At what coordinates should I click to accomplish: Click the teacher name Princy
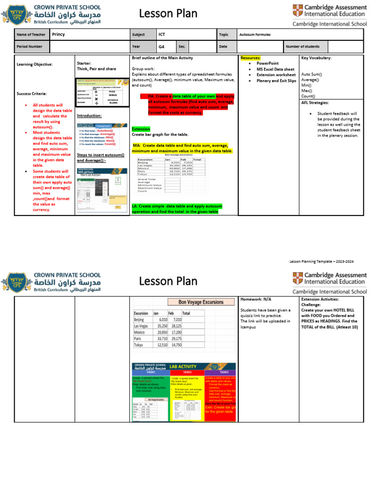pos(58,34)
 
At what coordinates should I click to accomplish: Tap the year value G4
pos(161,47)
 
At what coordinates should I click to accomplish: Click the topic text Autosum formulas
pos(255,35)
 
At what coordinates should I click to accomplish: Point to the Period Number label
pos(30,47)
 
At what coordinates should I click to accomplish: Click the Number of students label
pos(303,47)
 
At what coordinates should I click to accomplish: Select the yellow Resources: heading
pos(251,58)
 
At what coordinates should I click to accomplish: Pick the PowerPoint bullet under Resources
pos(267,63)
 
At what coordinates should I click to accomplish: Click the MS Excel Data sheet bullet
pos(275,69)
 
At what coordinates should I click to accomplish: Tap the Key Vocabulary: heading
pos(316,58)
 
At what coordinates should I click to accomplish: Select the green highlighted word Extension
pos(141,129)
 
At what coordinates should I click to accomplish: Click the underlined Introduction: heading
pos(89,116)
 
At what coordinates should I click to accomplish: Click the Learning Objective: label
pos(34,64)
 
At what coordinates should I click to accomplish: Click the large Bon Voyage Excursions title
pos(196,302)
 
